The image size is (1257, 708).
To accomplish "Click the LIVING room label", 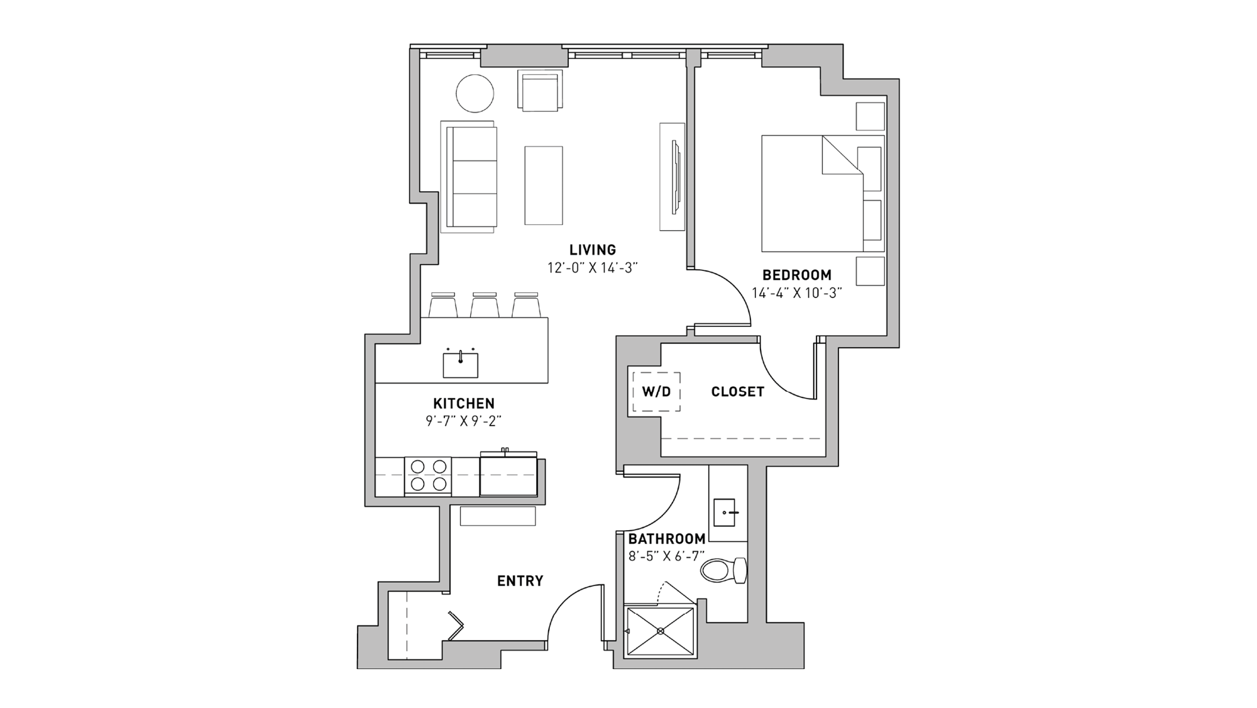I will pyautogui.click(x=593, y=250).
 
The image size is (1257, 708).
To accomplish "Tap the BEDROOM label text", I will pyautogui.click(x=796, y=275).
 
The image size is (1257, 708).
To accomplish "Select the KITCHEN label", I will pyautogui.click(x=463, y=403).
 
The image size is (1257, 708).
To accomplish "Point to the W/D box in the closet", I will pyautogui.click(x=656, y=392).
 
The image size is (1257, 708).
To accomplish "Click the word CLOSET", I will pyautogui.click(x=737, y=392).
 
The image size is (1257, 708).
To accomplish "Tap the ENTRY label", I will pyautogui.click(x=520, y=581).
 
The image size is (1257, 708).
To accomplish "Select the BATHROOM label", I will pyautogui.click(x=666, y=539).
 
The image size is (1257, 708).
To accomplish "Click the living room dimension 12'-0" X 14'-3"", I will pyautogui.click(x=592, y=268).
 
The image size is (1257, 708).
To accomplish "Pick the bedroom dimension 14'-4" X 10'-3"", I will pyautogui.click(x=796, y=293).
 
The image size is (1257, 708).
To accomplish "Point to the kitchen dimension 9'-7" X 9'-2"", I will pyautogui.click(x=463, y=421).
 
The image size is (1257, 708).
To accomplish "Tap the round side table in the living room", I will pyautogui.click(x=475, y=94).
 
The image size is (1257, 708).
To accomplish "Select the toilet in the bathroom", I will pyautogui.click(x=723, y=570).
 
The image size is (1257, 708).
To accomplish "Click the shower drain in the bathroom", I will pyautogui.click(x=661, y=631).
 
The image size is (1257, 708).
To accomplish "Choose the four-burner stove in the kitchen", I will pyautogui.click(x=428, y=475).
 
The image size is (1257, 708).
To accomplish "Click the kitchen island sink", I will pyautogui.click(x=460, y=365).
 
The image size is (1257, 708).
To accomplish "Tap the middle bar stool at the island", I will pyautogui.click(x=485, y=305).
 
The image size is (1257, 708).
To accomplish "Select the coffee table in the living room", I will pyautogui.click(x=544, y=185).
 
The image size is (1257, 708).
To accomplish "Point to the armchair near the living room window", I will pyautogui.click(x=540, y=92).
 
